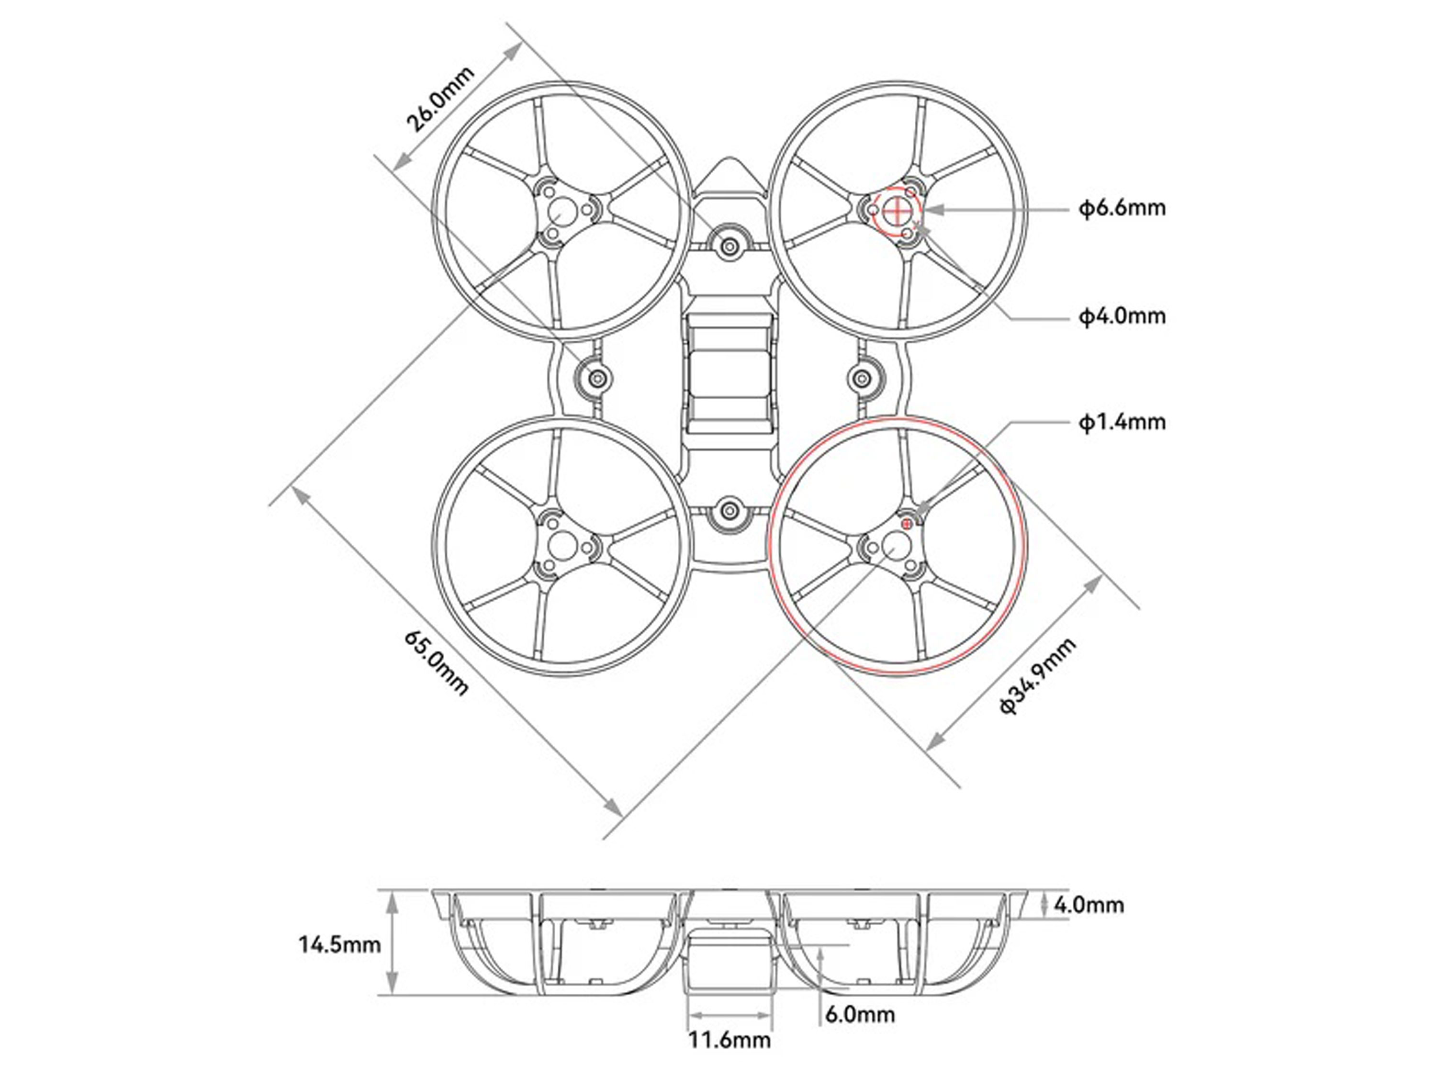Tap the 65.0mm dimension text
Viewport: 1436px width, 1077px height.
point(436,662)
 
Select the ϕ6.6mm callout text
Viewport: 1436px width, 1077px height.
point(1122,208)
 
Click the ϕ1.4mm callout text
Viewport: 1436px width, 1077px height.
point(1122,423)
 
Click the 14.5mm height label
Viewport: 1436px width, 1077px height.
point(339,944)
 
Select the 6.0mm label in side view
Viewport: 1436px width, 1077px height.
point(860,1014)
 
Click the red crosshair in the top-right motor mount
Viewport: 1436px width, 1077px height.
point(898,210)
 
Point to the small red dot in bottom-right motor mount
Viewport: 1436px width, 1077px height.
point(907,523)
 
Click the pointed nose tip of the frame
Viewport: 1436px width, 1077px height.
point(729,158)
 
